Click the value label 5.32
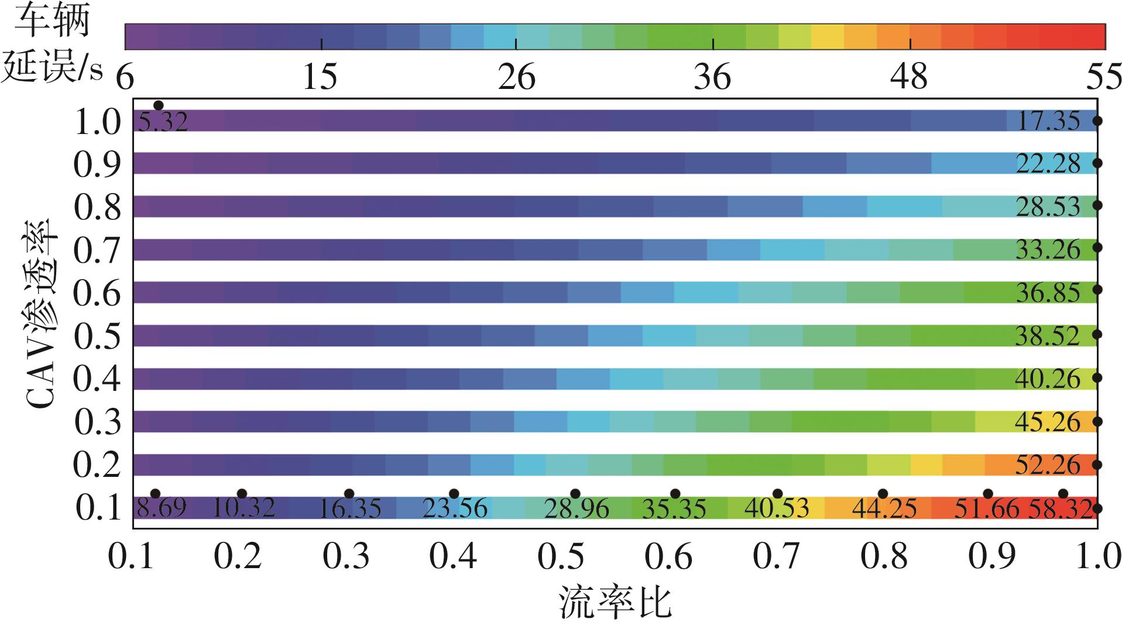click(163, 122)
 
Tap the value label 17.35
click(1048, 121)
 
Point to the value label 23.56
click(455, 508)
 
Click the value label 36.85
click(1048, 293)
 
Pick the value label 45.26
click(1048, 422)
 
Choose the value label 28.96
click(577, 508)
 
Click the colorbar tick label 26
click(516, 77)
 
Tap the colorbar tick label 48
click(909, 77)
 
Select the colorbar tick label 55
click(1103, 77)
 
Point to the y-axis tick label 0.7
click(97, 250)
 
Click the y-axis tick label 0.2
click(97, 465)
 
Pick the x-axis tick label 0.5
click(560, 557)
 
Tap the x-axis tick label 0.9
click(991, 557)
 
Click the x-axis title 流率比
click(615, 603)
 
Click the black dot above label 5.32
click(158, 105)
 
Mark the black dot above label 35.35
click(675, 494)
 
